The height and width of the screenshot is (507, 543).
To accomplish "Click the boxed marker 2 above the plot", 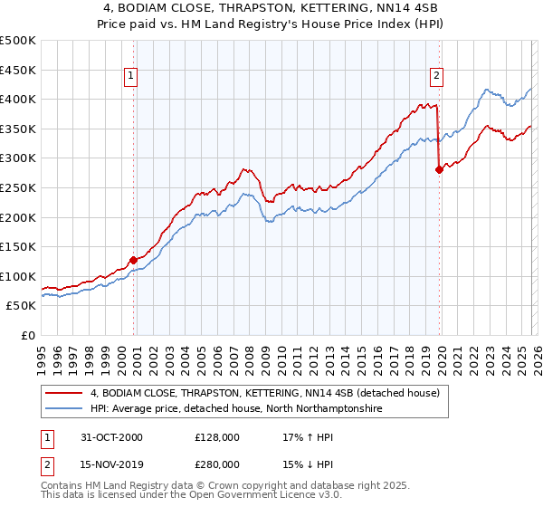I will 436,77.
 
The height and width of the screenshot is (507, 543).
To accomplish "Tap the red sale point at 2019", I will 439,169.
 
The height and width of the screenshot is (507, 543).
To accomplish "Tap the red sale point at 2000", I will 134,260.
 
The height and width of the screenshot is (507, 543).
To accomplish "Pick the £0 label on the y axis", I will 28,335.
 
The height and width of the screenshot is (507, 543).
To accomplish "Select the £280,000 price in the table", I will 216,464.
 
